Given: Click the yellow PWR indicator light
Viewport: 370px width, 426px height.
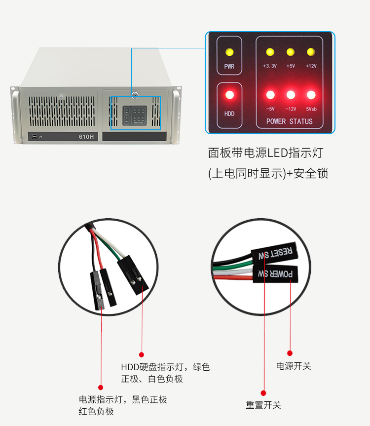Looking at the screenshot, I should (x=229, y=52).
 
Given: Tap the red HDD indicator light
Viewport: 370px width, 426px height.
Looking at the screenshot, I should (x=229, y=95).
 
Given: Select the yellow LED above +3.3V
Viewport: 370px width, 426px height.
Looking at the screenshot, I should (x=270, y=52).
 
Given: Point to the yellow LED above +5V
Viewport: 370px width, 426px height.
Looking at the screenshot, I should (x=291, y=52).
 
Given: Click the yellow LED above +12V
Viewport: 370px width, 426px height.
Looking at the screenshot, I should (x=311, y=52).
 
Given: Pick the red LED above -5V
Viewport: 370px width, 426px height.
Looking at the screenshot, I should (x=270, y=95).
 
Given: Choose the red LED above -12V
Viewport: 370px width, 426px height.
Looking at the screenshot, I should (x=291, y=95).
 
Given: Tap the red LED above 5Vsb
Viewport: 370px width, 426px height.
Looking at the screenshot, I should (x=311, y=95).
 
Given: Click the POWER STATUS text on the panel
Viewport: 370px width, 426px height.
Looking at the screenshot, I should (x=290, y=121).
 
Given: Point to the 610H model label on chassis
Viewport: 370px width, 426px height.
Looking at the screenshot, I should (x=86, y=137).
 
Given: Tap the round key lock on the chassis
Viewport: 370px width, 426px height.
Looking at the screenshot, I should (x=135, y=94).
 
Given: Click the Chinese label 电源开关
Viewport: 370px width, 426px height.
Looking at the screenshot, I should (x=294, y=366).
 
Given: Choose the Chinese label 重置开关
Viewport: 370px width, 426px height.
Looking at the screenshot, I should (x=263, y=405).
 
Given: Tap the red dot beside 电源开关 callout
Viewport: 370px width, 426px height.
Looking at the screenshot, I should (x=290, y=353).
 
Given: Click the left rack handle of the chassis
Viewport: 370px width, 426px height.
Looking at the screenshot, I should (x=16, y=116).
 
